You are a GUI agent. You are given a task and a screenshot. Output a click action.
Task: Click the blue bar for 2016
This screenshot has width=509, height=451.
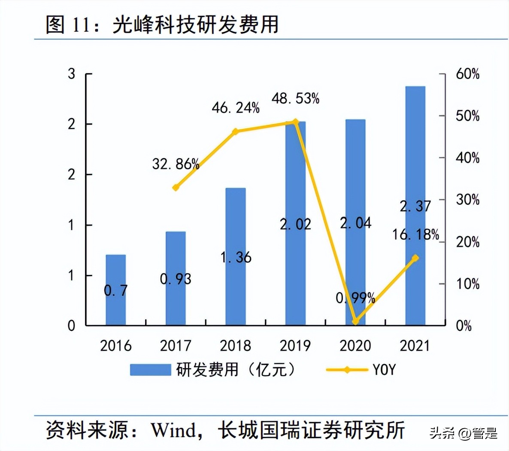click(116, 290)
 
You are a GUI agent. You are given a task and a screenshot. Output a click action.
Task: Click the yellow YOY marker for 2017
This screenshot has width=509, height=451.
click(176, 188)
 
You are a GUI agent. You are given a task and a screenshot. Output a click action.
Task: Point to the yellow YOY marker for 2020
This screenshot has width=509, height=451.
click(355, 321)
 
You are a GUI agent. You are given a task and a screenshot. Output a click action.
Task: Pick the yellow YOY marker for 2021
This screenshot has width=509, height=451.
click(415, 258)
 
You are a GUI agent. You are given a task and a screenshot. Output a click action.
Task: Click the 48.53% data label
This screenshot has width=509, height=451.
click(295, 99)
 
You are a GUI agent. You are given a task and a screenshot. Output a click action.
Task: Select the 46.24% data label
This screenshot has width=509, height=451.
click(236, 108)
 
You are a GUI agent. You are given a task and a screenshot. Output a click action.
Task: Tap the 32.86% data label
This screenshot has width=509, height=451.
click(176, 164)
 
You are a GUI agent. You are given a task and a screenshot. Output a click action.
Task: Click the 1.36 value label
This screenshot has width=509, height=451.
click(236, 257)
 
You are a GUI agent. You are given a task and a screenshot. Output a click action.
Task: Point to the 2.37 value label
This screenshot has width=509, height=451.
click(415, 206)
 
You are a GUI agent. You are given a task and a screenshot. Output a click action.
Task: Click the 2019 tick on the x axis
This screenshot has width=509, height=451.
click(295, 346)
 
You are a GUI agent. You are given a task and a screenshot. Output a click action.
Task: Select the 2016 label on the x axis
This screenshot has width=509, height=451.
click(116, 346)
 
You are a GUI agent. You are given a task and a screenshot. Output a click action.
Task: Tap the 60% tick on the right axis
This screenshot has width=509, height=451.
click(467, 74)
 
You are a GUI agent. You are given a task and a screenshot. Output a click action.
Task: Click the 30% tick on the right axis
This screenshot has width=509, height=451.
click(467, 200)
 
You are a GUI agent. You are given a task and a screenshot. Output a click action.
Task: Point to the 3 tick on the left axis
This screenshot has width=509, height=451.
click(71, 74)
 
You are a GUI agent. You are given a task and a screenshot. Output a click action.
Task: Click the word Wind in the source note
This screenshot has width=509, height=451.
click(173, 430)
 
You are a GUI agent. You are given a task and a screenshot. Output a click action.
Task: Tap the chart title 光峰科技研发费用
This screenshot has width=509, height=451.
click(196, 24)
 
